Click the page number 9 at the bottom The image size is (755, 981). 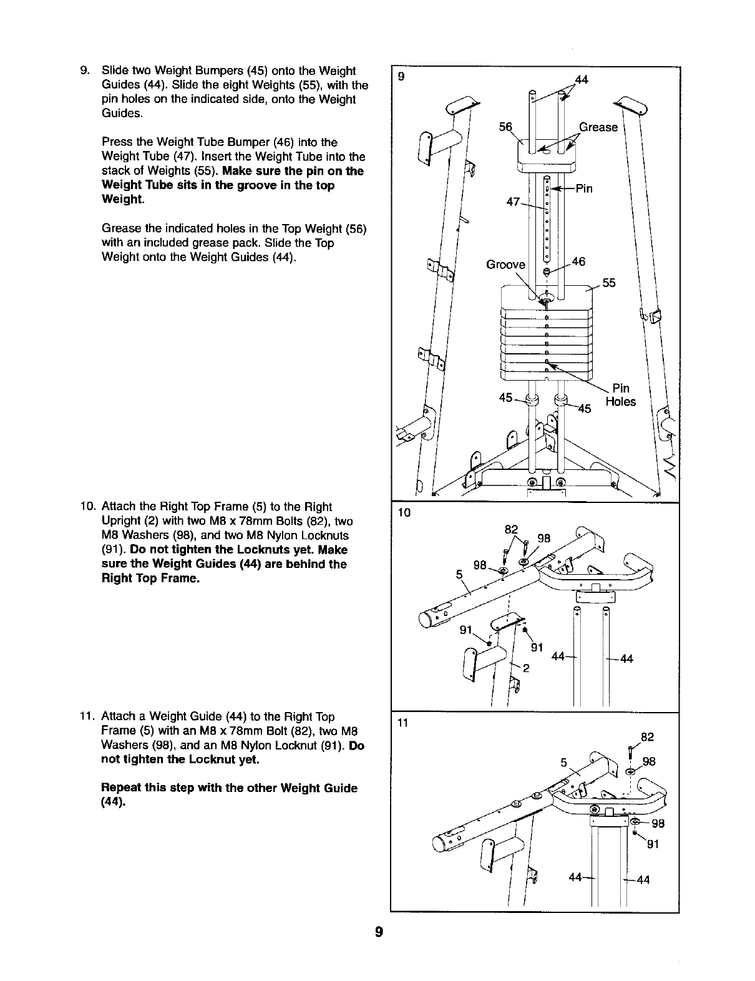(x=378, y=932)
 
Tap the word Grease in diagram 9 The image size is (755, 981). (x=598, y=127)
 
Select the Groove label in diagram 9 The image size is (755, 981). (x=505, y=265)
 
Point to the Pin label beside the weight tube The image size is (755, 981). (x=583, y=189)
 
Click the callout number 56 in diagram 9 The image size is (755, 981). (x=505, y=127)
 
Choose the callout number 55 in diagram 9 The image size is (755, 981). (x=608, y=283)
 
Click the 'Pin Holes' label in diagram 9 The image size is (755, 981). (x=621, y=395)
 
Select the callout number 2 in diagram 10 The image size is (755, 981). (x=526, y=668)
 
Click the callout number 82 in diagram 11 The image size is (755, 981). (x=647, y=737)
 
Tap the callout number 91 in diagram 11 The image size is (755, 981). (x=653, y=846)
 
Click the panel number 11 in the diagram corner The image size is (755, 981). (x=402, y=723)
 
